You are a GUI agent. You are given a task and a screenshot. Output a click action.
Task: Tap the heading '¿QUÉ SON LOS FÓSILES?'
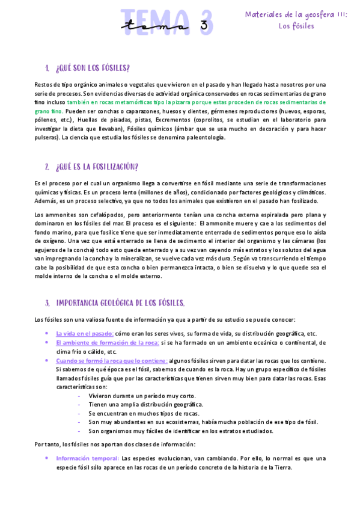click(x=93, y=67)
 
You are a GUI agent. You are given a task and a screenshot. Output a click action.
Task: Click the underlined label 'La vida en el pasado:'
click(x=85, y=333)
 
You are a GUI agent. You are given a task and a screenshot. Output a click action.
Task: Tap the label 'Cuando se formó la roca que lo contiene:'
click(x=112, y=360)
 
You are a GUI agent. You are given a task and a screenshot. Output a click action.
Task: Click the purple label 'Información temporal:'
click(x=87, y=458)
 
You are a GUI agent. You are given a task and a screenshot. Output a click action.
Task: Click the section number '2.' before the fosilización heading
click(x=47, y=167)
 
